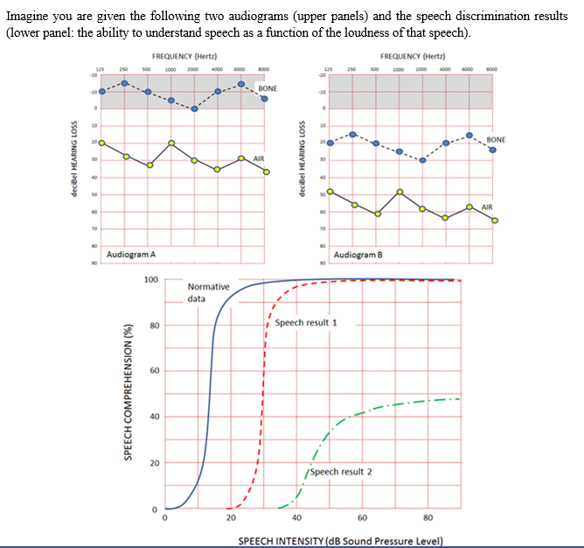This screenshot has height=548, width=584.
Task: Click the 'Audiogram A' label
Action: (130, 254)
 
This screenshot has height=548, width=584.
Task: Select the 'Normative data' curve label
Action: (208, 292)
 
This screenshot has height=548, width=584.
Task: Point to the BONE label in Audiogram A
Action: (268, 89)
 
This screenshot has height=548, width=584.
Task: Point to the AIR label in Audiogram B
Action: (487, 207)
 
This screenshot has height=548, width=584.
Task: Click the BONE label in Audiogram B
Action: (496, 139)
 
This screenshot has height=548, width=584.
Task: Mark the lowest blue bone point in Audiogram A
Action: (194, 109)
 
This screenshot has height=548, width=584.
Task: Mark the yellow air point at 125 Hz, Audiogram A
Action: (102, 142)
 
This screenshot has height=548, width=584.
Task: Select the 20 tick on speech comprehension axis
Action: (153, 462)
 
